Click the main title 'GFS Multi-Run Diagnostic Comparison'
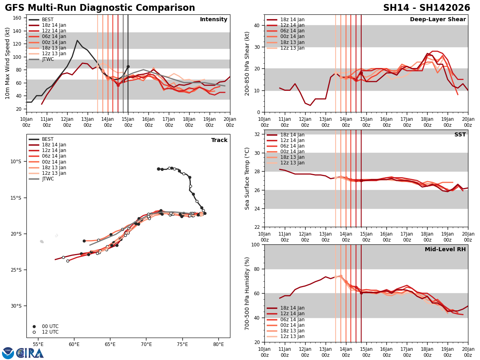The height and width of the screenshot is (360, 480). (x=100, y=8)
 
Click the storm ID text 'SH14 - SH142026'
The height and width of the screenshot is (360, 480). (x=426, y=8)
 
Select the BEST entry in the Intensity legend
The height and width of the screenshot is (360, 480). (x=48, y=20)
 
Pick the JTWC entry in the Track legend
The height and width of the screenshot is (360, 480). (x=48, y=179)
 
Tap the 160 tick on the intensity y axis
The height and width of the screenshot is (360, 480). (x=18, y=18)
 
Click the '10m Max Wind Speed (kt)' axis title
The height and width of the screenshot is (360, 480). (x=8, y=63)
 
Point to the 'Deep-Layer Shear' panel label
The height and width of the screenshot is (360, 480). (x=438, y=20)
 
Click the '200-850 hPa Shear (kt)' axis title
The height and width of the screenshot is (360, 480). (x=247, y=63)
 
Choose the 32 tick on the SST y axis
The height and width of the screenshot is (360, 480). (x=257, y=134)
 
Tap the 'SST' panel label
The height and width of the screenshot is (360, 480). (x=460, y=135)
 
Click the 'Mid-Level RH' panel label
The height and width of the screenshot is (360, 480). (x=445, y=250)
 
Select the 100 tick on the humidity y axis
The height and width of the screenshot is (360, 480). (x=255, y=245)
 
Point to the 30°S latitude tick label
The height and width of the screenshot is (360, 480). (x=16, y=306)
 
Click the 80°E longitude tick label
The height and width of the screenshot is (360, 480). (x=218, y=344)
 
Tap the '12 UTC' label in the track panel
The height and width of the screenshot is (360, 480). (x=50, y=332)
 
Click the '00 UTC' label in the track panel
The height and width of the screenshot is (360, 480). (x=50, y=326)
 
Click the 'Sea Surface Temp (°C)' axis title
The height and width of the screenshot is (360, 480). (x=247, y=178)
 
